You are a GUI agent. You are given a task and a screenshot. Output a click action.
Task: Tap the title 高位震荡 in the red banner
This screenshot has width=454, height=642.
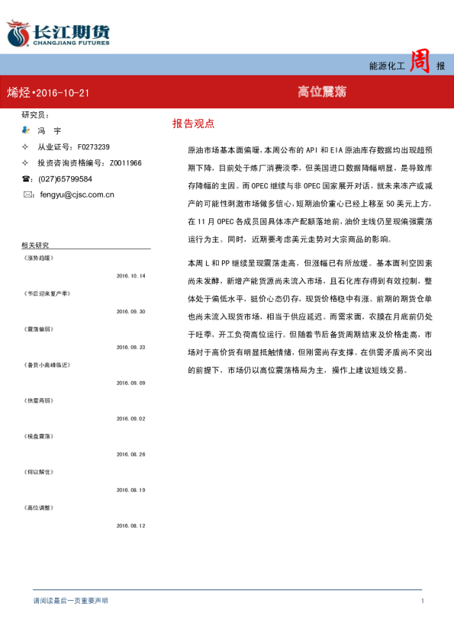pyautogui.click(x=322, y=91)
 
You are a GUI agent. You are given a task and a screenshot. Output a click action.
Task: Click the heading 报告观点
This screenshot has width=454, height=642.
pyautogui.click(x=193, y=123)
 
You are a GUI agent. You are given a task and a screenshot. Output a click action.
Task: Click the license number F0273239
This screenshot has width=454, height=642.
pyautogui.click(x=90, y=147)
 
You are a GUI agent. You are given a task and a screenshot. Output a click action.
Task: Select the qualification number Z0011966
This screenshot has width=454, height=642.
pyautogui.click(x=125, y=163)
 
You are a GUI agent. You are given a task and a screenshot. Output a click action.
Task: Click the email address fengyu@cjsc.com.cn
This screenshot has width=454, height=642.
pyautogui.click(x=77, y=194)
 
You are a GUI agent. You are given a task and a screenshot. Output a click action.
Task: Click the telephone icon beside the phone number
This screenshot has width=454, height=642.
pyautogui.click(x=27, y=178)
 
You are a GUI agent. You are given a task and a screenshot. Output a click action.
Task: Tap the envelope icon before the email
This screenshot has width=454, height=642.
pyautogui.click(x=28, y=194)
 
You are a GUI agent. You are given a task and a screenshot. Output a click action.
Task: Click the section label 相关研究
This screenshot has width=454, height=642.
pyautogui.click(x=35, y=246)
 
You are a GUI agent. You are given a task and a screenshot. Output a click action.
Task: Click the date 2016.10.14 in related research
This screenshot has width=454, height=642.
pyautogui.click(x=130, y=276)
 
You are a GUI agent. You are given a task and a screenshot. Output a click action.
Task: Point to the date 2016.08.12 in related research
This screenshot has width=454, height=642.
pyautogui.click(x=130, y=525)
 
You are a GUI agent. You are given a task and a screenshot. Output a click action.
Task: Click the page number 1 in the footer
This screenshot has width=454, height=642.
pyautogui.click(x=422, y=602)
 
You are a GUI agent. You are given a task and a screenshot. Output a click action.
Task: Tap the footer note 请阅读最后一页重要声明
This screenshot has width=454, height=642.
pyautogui.click(x=70, y=602)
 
